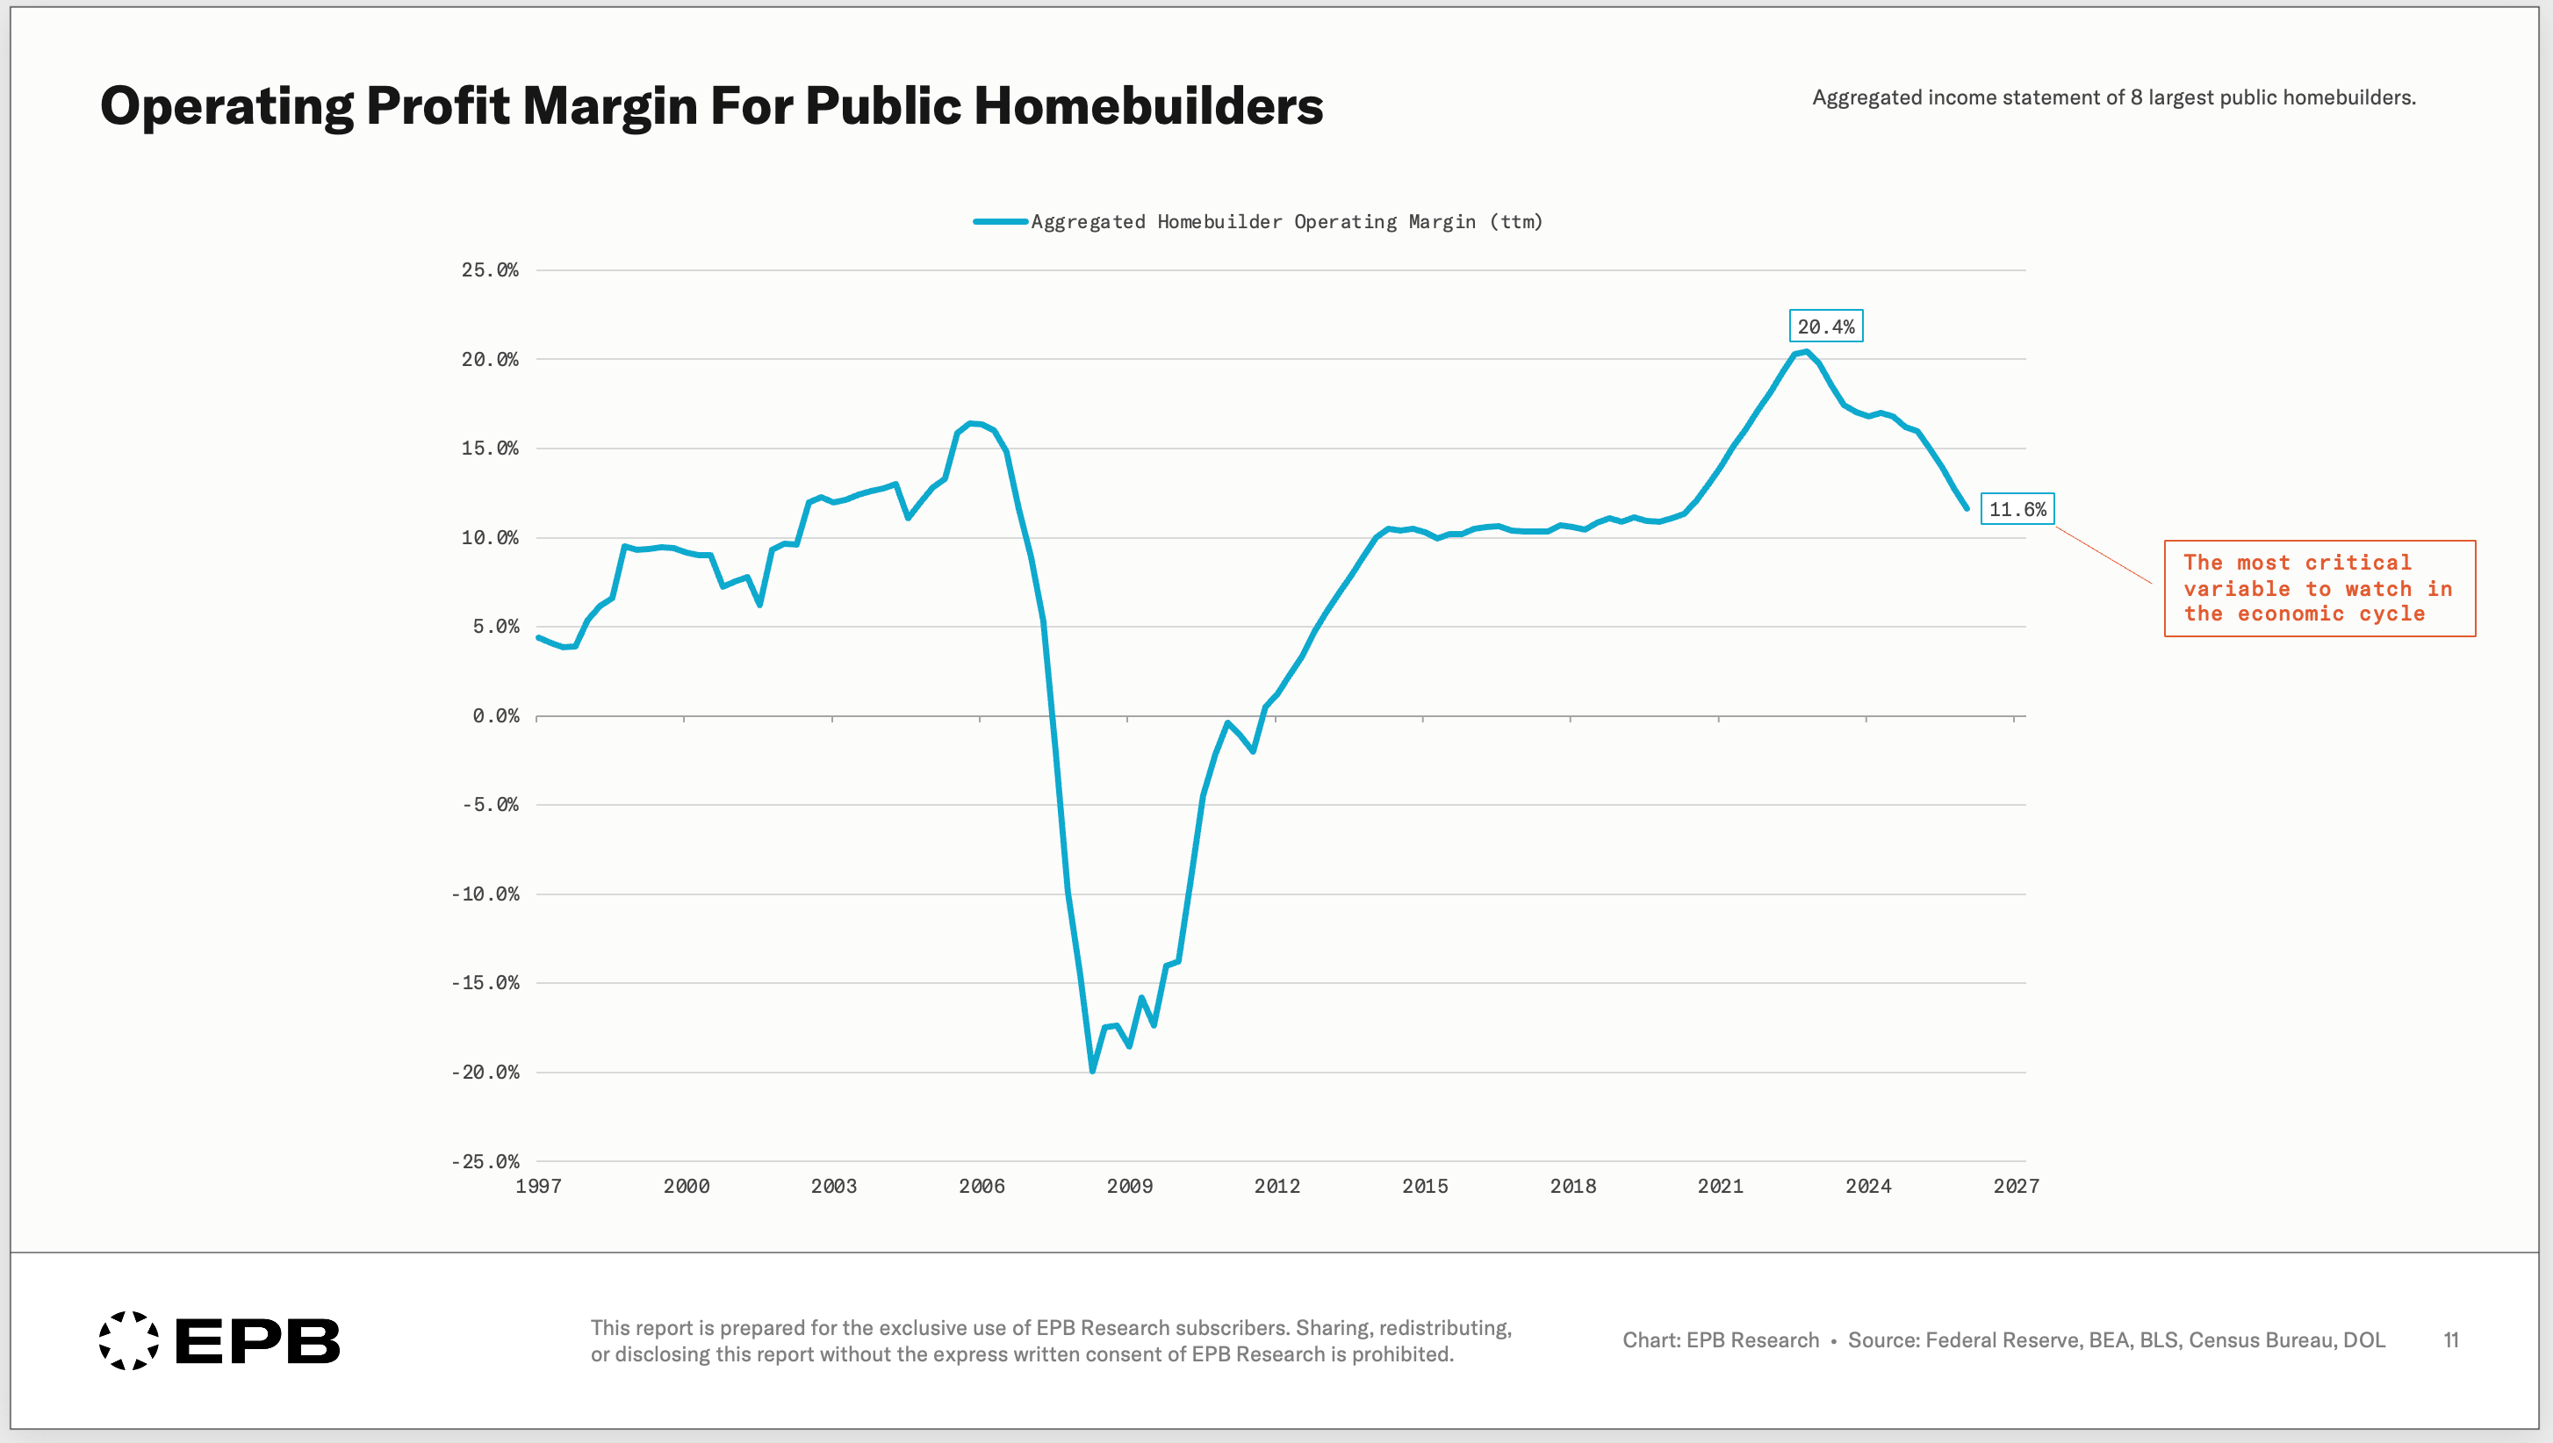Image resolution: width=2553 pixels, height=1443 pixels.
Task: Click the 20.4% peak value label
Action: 1825,326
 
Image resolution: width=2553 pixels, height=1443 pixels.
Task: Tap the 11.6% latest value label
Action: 2017,509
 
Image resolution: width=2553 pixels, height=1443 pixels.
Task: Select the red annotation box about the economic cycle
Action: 2319,589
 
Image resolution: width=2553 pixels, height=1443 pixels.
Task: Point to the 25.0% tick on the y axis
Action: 490,269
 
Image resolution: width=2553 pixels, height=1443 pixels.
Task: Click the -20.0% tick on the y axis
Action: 485,1073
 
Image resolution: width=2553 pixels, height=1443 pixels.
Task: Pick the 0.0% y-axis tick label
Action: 495,715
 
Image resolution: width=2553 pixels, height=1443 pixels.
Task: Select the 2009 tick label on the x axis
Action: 1129,1187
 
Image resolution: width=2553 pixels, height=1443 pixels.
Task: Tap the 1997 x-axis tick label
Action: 538,1187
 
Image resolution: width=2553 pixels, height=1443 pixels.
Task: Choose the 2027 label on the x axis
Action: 2016,1187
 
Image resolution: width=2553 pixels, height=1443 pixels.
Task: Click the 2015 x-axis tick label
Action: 1424,1187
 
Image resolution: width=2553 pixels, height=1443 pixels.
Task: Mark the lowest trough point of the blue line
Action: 1092,1070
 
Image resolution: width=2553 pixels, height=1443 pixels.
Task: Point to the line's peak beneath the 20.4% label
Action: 1806,352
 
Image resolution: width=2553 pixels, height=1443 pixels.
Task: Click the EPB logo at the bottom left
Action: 219,1340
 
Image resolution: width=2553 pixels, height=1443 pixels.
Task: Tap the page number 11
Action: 2451,1340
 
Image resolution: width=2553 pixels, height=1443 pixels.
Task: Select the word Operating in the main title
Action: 226,107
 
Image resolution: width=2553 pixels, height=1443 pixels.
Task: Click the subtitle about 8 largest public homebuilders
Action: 2114,97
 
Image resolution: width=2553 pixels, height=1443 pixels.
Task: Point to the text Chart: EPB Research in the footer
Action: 1721,1340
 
